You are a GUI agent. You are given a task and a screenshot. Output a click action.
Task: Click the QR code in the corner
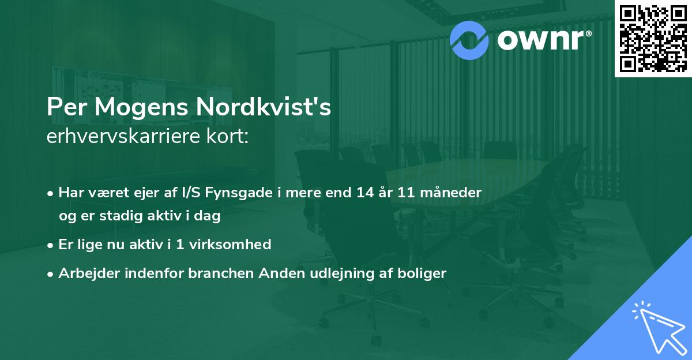pyautogui.click(x=653, y=39)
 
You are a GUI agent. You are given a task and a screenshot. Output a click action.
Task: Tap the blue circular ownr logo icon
pyautogui.click(x=469, y=39)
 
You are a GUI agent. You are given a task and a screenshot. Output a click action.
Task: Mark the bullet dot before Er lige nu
pyautogui.click(x=51, y=245)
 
